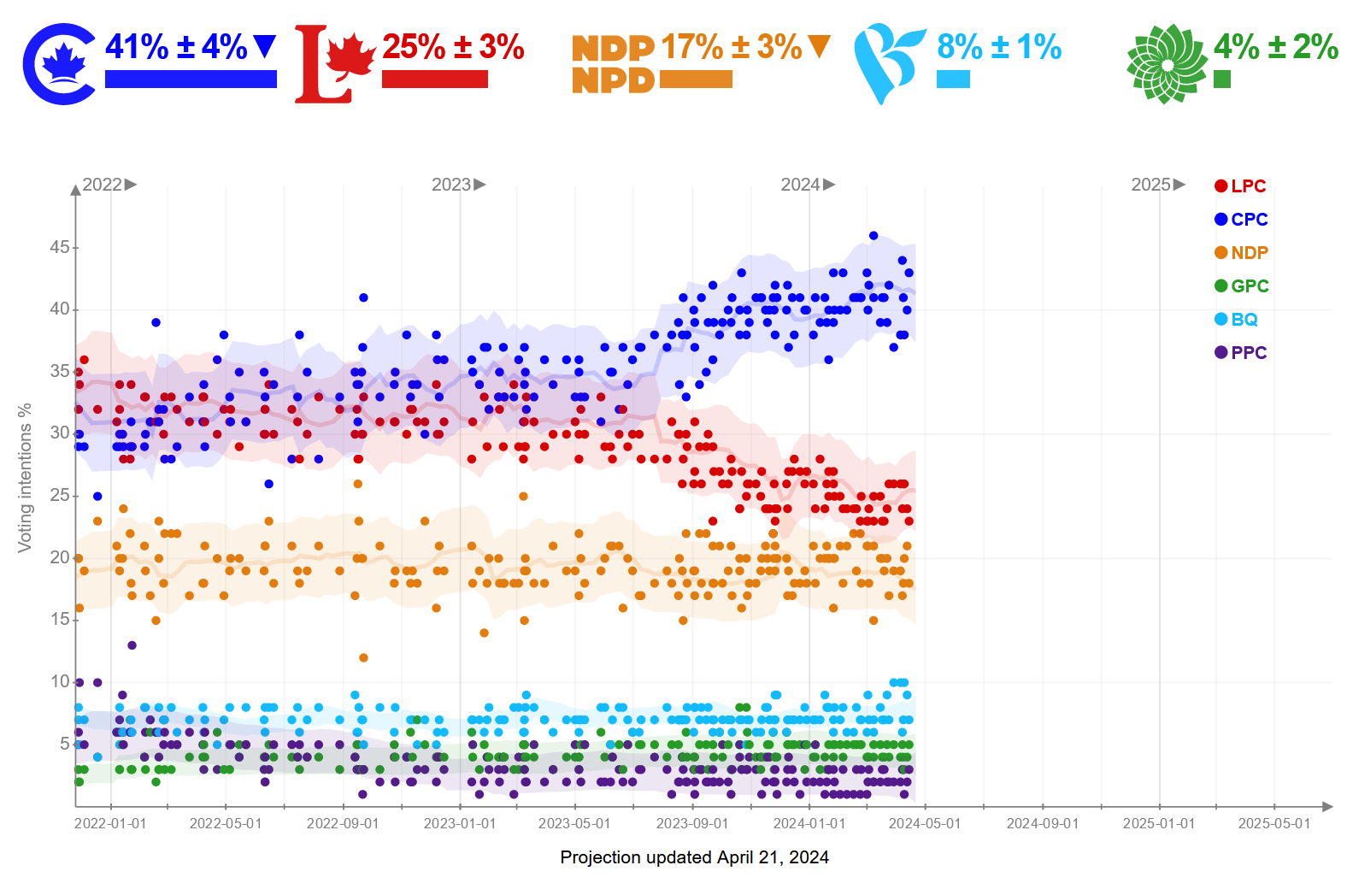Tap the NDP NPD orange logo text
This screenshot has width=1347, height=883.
click(x=613, y=64)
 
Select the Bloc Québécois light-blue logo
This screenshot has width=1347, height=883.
click(x=889, y=64)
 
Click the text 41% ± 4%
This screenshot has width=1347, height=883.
click(x=176, y=47)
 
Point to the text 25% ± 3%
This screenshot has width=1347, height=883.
click(x=453, y=47)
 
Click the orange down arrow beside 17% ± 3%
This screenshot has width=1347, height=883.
click(x=819, y=45)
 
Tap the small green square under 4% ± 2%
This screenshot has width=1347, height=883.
click(x=1222, y=79)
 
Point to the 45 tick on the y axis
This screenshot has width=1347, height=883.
click(x=60, y=247)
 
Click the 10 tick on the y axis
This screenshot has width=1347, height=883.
click(x=60, y=681)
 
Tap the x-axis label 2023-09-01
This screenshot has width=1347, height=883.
click(x=692, y=823)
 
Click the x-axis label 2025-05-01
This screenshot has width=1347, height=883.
click(x=1273, y=823)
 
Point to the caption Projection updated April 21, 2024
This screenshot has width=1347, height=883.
click(x=694, y=857)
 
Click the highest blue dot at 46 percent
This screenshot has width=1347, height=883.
click(x=873, y=235)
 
